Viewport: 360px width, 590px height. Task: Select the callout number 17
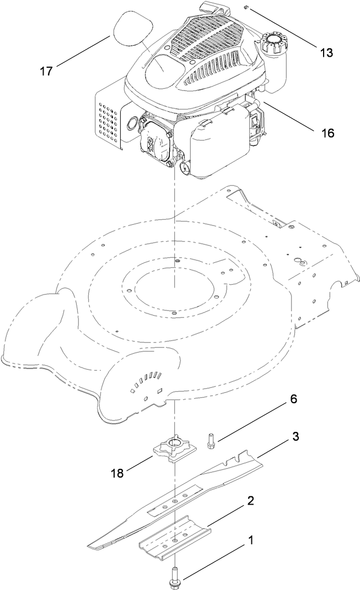tap(47, 71)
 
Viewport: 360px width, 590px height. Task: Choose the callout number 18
tap(117, 472)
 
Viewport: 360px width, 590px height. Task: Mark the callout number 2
tap(250, 501)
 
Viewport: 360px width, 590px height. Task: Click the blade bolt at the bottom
tap(175, 578)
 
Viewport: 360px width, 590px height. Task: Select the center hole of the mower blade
tap(174, 502)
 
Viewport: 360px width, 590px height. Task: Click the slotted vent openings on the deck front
tap(146, 381)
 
